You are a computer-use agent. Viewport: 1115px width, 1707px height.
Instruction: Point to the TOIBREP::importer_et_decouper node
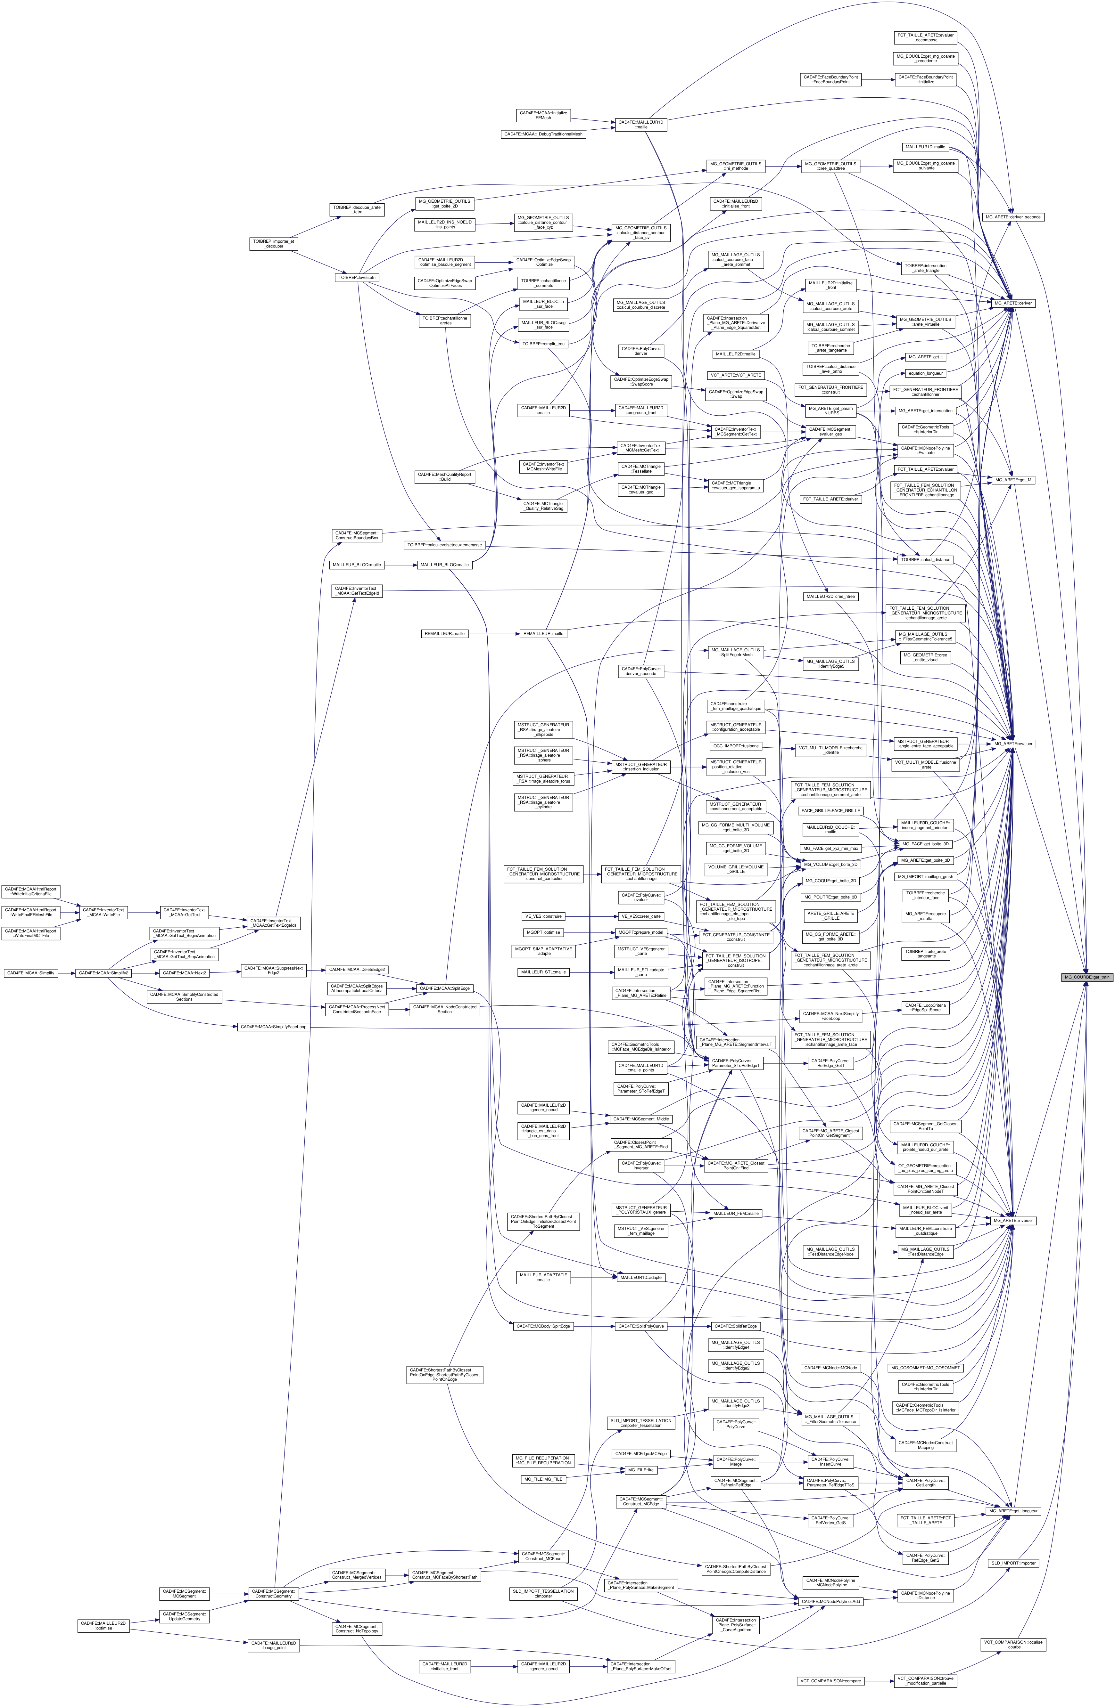(x=272, y=243)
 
